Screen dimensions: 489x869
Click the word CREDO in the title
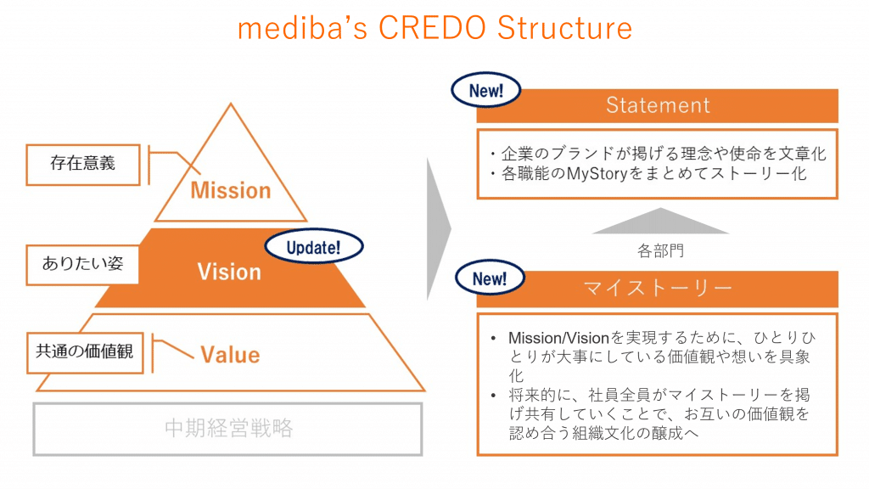point(433,28)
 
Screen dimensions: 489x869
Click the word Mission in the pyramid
point(230,189)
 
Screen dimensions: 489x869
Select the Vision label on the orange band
point(229,272)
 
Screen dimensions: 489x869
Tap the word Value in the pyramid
point(230,353)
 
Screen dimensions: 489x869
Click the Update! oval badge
point(313,248)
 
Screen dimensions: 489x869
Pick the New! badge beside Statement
point(486,91)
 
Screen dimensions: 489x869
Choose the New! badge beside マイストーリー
point(489,278)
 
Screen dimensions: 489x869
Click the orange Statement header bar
point(658,105)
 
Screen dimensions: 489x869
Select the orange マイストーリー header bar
point(658,289)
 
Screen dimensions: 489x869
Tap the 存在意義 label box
point(82,164)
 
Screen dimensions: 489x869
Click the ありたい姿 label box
point(82,263)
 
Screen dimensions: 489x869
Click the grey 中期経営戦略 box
point(228,428)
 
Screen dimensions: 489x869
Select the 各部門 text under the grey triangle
point(658,251)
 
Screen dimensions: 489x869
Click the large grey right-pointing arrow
point(438,229)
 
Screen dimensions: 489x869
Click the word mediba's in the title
point(302,28)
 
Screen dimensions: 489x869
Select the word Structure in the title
point(564,28)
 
